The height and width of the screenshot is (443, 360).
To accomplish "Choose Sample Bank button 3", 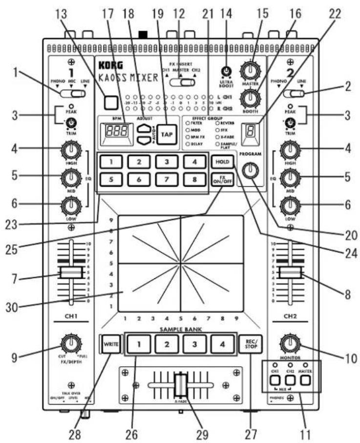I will click(x=194, y=344).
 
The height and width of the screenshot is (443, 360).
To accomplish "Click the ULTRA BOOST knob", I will click(x=226, y=71).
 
